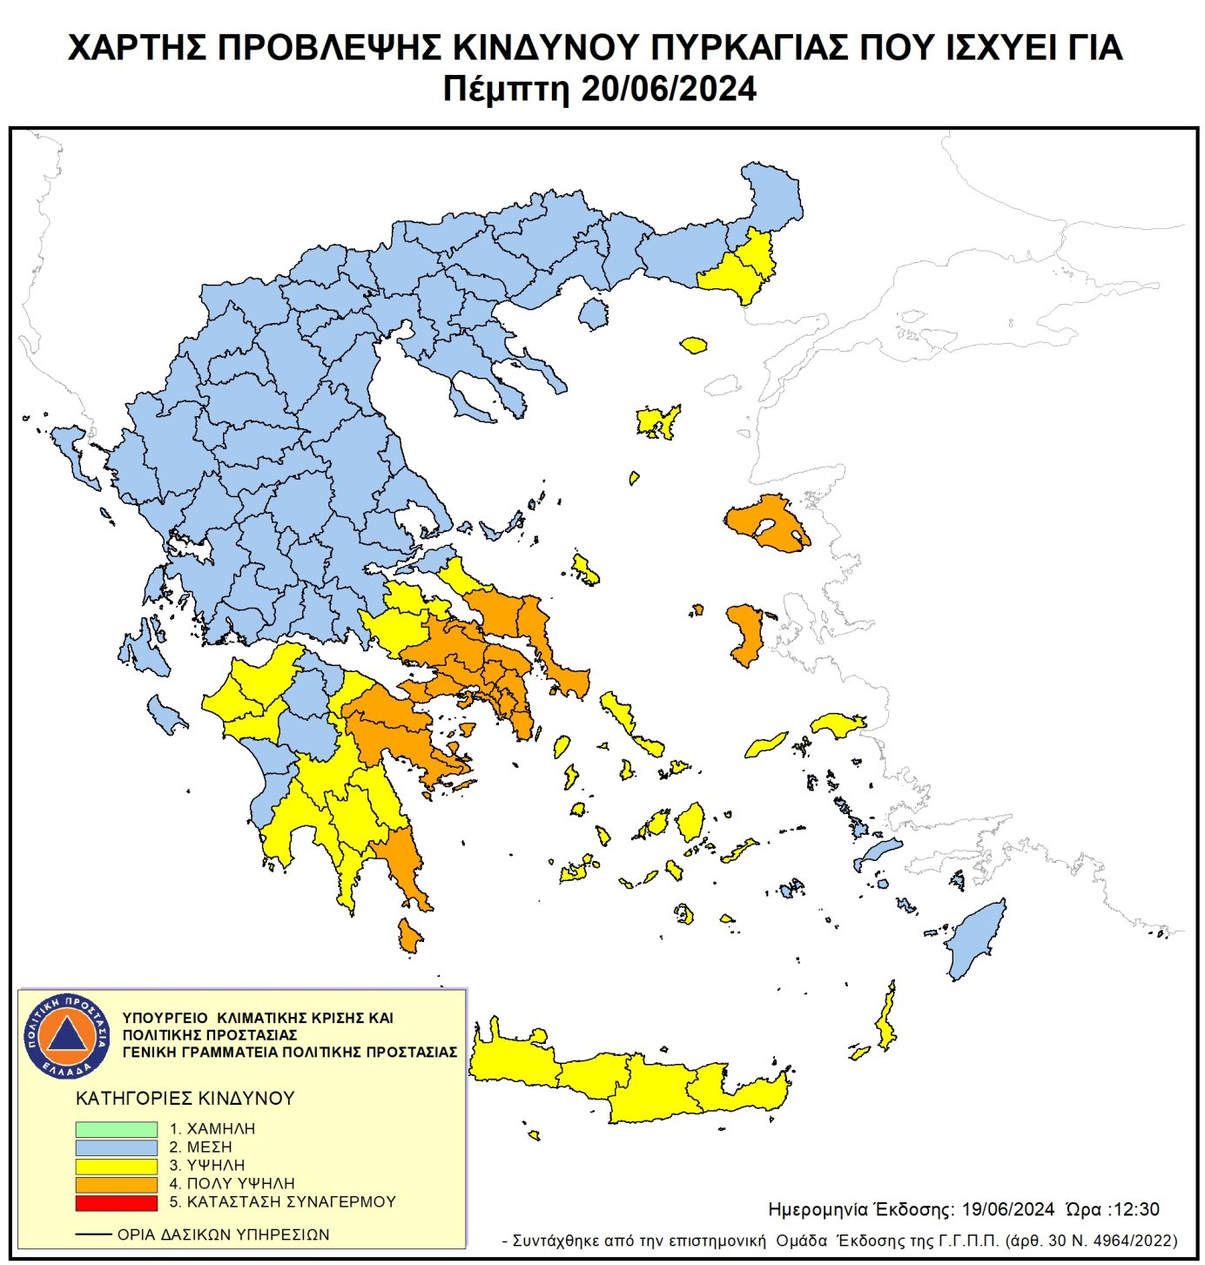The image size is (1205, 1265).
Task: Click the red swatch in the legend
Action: click(116, 1202)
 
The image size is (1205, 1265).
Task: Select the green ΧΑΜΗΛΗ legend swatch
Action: click(116, 1128)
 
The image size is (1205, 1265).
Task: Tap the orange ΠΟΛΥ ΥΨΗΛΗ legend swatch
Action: click(116, 1184)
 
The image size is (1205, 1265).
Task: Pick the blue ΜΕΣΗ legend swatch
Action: click(116, 1147)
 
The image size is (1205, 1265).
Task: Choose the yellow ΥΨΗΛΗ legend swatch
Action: click(116, 1166)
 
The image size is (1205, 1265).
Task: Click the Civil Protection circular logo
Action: click(67, 1035)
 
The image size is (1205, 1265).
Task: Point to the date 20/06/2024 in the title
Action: click(668, 90)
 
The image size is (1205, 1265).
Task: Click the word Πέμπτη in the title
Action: click(506, 90)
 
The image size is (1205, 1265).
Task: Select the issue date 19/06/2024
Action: click(1007, 1209)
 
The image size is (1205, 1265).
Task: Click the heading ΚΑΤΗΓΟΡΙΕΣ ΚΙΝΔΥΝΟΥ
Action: click(185, 1099)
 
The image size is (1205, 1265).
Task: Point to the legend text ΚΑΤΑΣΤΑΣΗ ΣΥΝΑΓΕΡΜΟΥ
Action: click(291, 1202)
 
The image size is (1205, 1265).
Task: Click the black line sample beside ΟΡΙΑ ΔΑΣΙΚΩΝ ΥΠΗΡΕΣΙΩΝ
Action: click(93, 1235)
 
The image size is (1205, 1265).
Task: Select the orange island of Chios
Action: click(746, 632)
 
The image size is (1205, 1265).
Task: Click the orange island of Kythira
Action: click(409, 936)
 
